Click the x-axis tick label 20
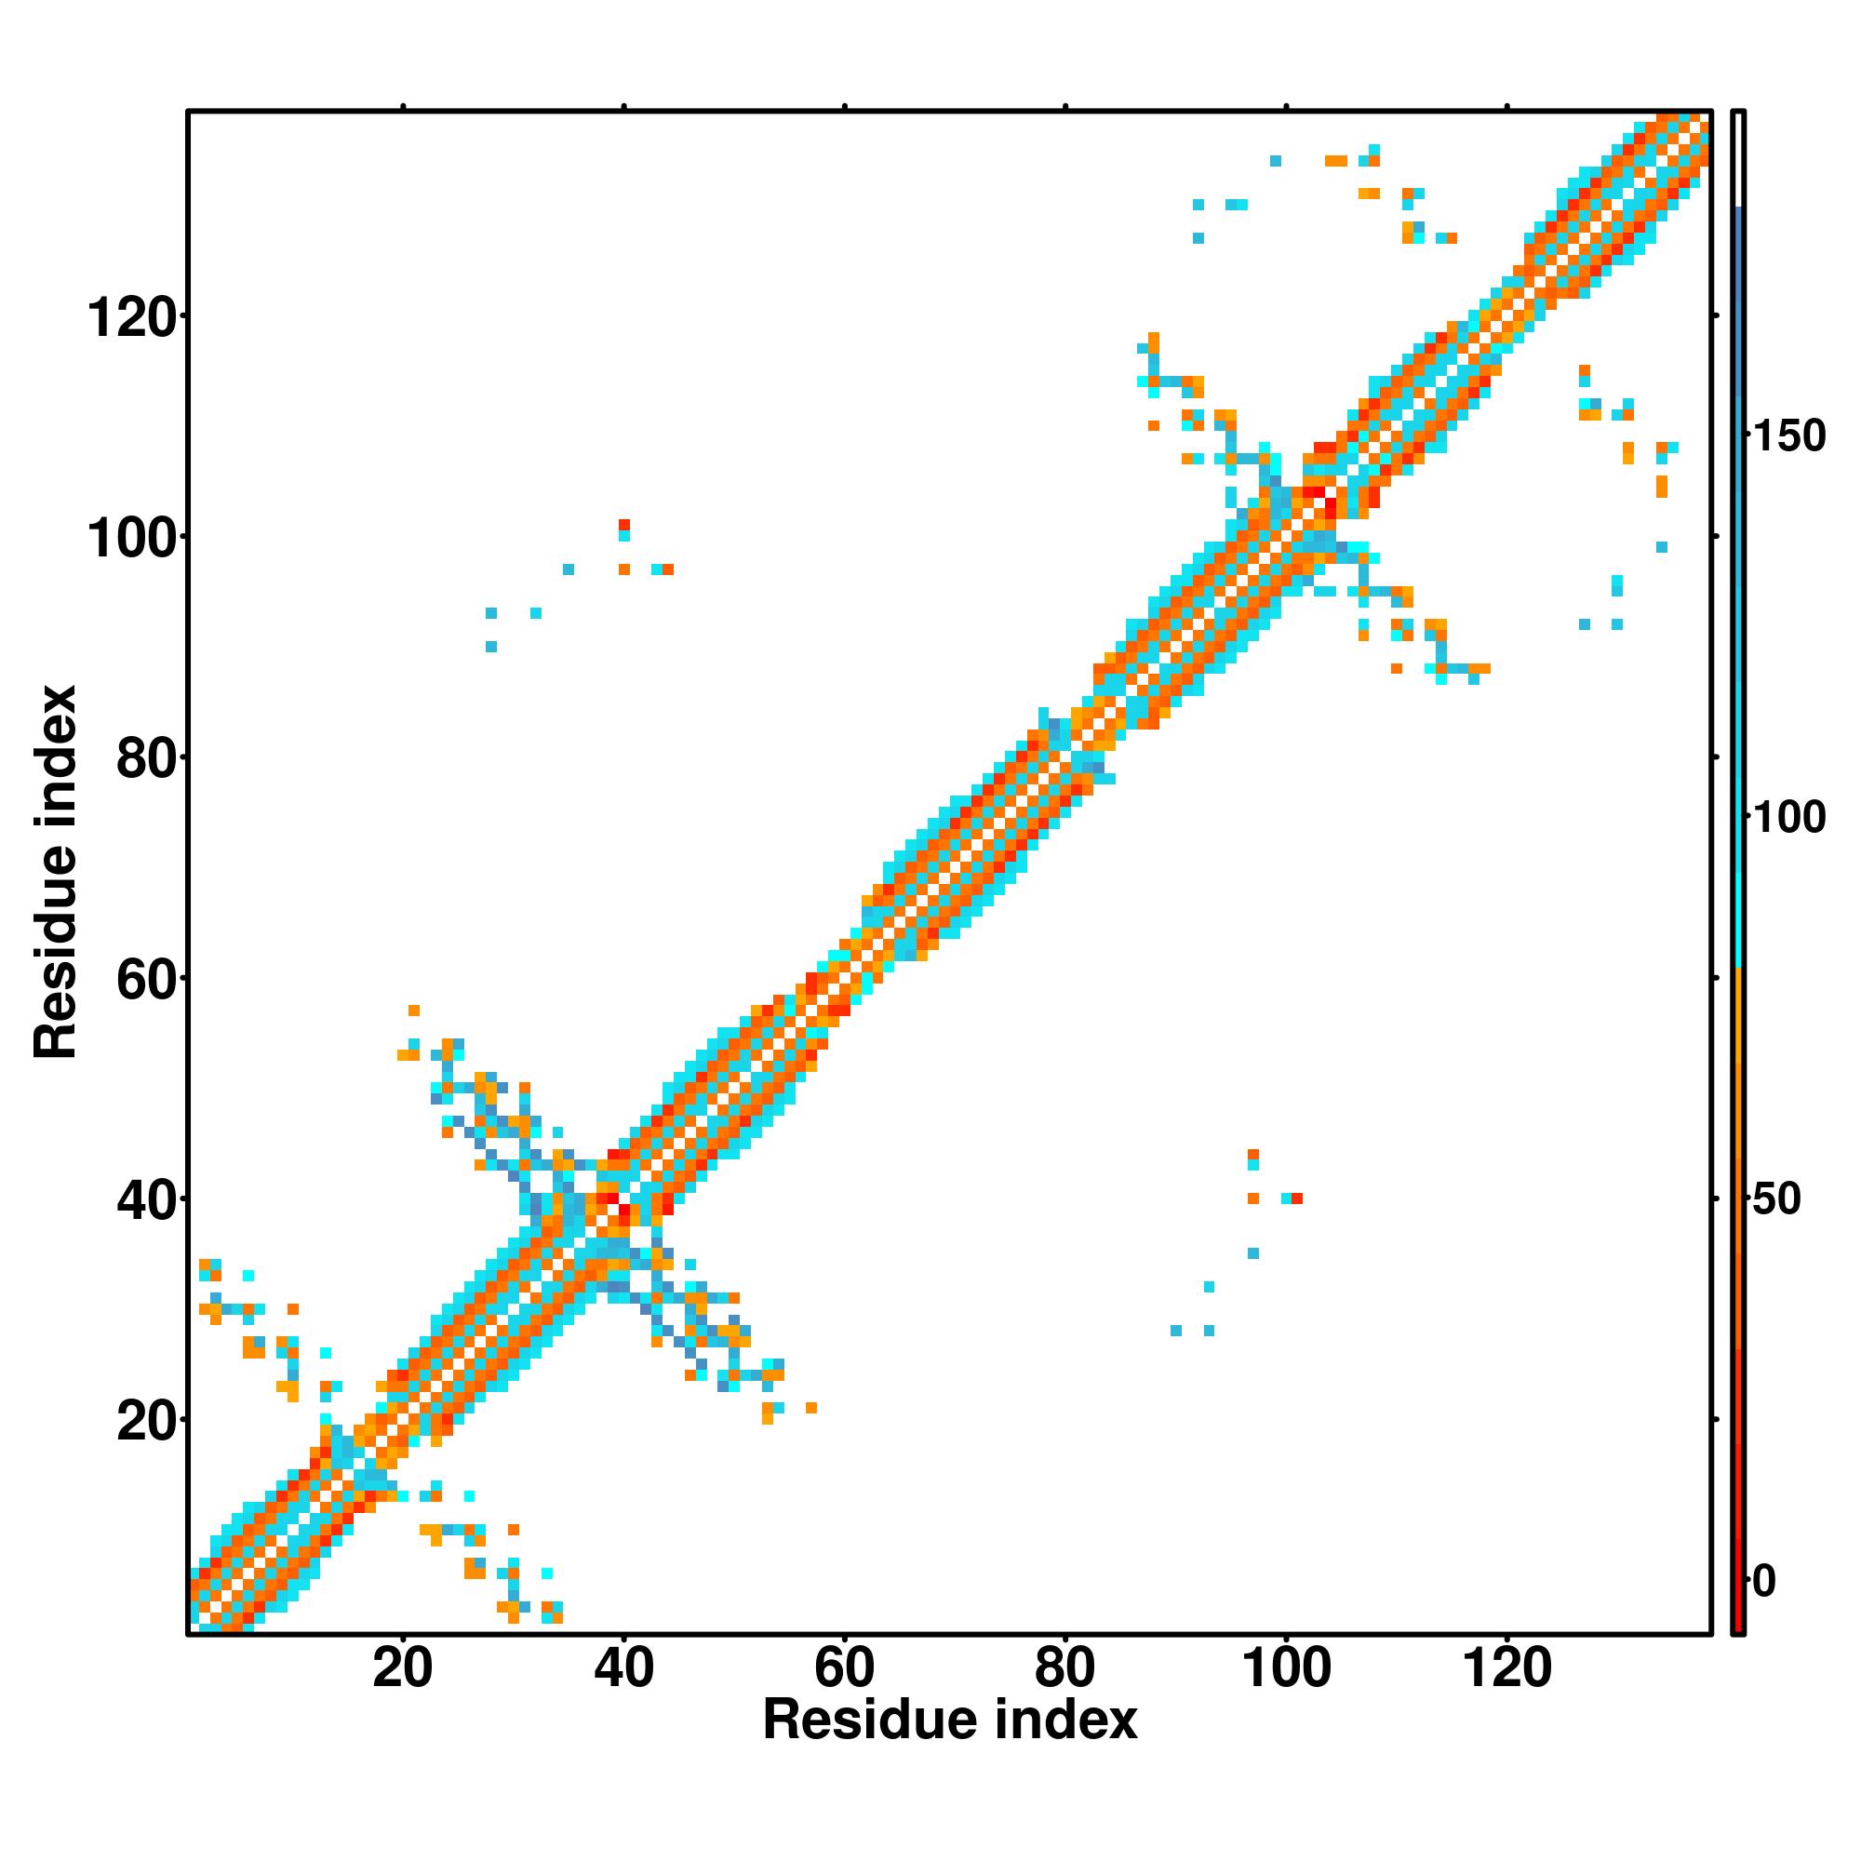[403, 1668]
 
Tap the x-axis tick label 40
[623, 1668]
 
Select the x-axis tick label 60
[844, 1668]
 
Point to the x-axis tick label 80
[1064, 1668]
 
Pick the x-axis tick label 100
[1286, 1668]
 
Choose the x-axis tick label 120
[1506, 1668]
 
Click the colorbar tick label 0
[1764, 1581]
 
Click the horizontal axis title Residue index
[950, 1720]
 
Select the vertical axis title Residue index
[56, 872]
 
